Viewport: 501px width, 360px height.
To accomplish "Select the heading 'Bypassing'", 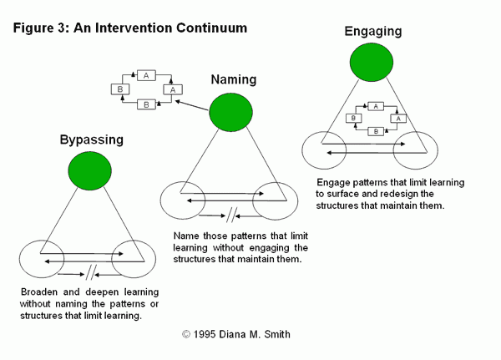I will [x=92, y=139].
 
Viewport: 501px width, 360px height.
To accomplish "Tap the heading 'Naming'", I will [x=233, y=80].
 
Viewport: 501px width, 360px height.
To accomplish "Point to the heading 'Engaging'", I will [x=372, y=33].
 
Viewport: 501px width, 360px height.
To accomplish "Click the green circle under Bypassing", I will [x=91, y=171].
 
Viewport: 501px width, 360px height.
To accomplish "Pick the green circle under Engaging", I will [x=372, y=63].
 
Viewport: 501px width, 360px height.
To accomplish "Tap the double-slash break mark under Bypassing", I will [x=92, y=270].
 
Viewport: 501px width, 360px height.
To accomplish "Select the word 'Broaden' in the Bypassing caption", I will [x=44, y=292].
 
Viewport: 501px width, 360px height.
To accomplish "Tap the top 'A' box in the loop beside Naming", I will [x=146, y=76].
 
